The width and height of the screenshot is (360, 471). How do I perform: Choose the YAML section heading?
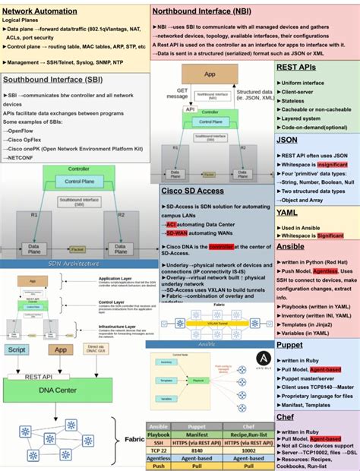point(287,213)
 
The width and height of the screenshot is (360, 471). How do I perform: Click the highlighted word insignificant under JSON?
point(333,163)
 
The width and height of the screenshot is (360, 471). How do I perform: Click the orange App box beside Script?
point(60,350)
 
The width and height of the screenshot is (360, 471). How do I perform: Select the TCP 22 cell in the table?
point(159,450)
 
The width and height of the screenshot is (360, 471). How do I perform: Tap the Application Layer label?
point(115,279)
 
